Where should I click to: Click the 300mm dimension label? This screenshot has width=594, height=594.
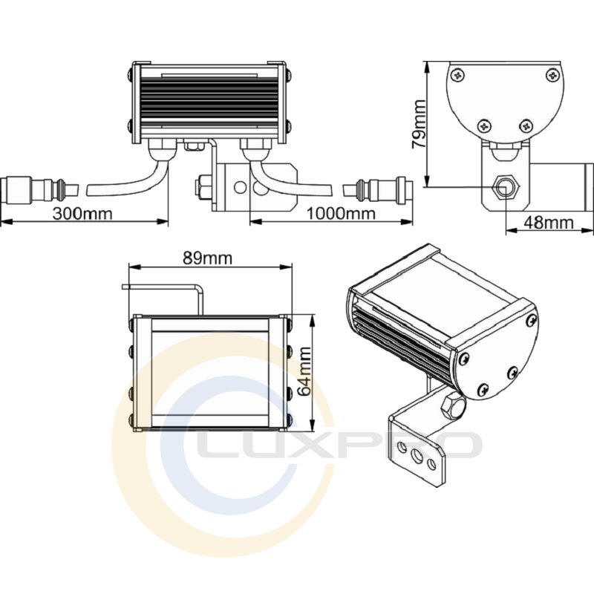point(82,214)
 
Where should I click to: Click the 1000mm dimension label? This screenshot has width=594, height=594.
point(341,214)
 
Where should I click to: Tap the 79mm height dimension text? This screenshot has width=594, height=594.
point(420,123)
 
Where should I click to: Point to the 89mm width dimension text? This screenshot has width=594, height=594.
point(207,258)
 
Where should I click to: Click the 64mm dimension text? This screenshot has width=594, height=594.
point(304,372)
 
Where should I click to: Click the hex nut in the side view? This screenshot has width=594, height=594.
point(505,187)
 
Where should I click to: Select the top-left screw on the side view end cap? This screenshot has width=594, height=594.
point(459,75)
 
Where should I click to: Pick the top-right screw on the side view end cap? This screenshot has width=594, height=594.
point(552,75)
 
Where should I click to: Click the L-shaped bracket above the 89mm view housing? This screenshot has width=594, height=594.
point(163,299)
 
